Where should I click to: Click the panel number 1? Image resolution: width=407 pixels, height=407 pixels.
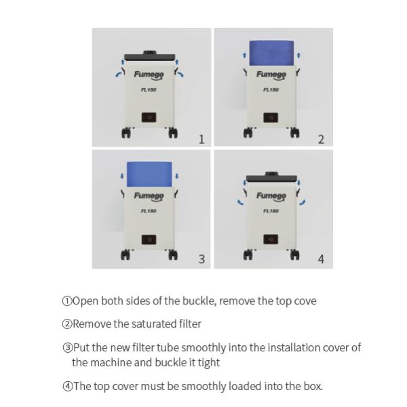pyautogui.click(x=201, y=140)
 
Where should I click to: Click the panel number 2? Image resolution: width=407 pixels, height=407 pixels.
pyautogui.click(x=321, y=140)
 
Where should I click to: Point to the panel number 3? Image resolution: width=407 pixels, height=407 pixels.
pyautogui.click(x=201, y=259)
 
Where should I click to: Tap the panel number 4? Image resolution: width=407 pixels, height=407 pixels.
pyautogui.click(x=321, y=259)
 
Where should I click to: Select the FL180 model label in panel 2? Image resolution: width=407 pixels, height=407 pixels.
pyautogui.click(x=271, y=89)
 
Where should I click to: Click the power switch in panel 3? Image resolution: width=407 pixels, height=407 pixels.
pyautogui.click(x=149, y=239)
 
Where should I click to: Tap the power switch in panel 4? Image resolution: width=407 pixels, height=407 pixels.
pyautogui.click(x=271, y=239)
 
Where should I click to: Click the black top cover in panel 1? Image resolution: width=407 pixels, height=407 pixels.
pyautogui.click(x=149, y=52)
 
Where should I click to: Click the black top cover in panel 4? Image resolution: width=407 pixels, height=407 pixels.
pyautogui.click(x=271, y=178)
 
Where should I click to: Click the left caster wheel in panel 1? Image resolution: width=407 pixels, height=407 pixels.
pyautogui.click(x=125, y=133)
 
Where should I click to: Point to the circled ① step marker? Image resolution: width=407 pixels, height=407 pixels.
pyautogui.click(x=66, y=301)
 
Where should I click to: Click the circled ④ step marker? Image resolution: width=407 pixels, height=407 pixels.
pyautogui.click(x=66, y=387)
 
